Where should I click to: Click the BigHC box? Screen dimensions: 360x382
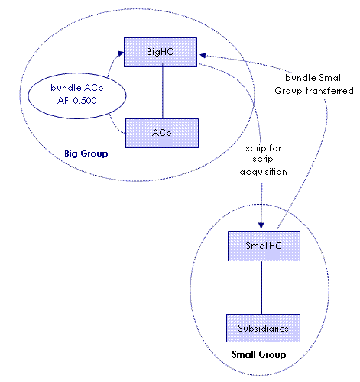(x=161, y=52)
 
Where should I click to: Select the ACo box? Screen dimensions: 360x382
(x=162, y=133)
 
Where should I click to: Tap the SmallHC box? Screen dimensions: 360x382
(x=264, y=246)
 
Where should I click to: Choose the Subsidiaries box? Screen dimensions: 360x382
(x=263, y=328)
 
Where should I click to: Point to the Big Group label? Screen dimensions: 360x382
(x=86, y=154)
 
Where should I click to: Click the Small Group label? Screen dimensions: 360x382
(x=259, y=354)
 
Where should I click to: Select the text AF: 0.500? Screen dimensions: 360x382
(x=77, y=101)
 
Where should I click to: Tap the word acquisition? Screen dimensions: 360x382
(x=264, y=172)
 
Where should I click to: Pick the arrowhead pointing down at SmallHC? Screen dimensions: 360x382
(x=261, y=225)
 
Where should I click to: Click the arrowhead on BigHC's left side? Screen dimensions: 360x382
(x=121, y=53)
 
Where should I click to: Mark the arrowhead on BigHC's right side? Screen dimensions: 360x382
(x=203, y=55)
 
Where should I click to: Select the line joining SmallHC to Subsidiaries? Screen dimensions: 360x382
(x=261, y=287)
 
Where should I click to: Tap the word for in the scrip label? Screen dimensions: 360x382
(x=275, y=148)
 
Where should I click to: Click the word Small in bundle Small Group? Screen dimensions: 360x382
(x=331, y=78)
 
